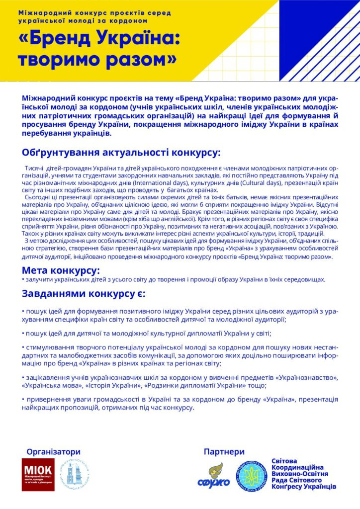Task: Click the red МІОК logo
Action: tap(38, 475)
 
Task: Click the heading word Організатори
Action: tap(53, 451)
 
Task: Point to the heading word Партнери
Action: tap(224, 451)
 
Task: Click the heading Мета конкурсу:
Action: tap(61, 270)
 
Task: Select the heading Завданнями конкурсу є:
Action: tap(83, 293)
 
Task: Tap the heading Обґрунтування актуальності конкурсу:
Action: tap(121, 152)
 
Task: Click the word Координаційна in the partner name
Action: tap(298, 467)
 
